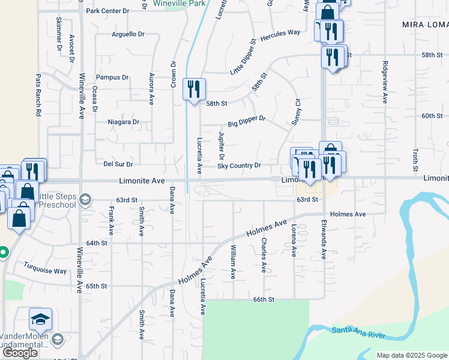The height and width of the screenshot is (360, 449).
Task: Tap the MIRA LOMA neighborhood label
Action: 425,25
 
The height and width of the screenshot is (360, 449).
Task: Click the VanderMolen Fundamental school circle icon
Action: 58,340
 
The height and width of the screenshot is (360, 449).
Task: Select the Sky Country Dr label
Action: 239,166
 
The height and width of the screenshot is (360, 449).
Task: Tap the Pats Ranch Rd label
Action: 38,95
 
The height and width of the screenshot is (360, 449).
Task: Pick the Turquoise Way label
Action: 45,271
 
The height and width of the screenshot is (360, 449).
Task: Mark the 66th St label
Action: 263,299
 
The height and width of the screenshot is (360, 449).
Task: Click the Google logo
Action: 20,353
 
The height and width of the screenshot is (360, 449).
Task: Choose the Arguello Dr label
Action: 129,34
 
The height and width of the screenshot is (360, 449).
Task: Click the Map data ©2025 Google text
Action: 412,355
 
